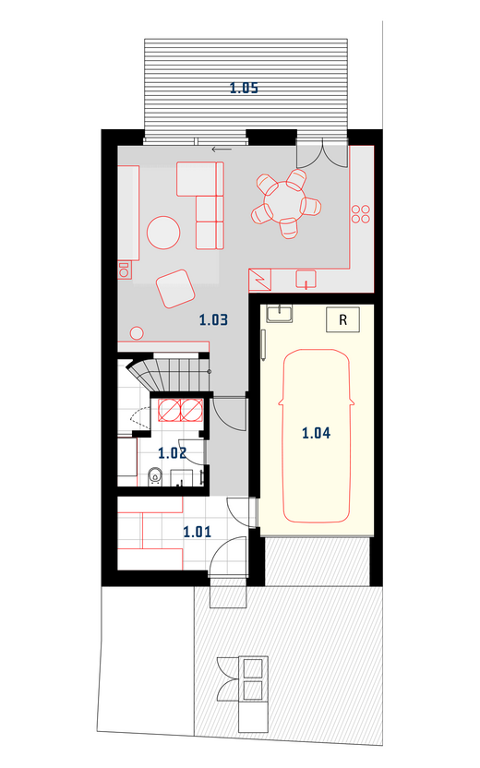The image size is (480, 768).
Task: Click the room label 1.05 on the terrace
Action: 244,88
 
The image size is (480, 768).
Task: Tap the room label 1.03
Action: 213,319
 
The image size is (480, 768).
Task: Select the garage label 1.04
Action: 316,433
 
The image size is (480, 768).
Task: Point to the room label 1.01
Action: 198,532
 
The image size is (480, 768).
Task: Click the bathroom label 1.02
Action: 172,452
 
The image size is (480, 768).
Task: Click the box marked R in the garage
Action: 342,319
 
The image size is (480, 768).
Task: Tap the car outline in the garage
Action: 317,436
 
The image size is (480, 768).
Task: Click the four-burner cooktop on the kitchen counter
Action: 361,213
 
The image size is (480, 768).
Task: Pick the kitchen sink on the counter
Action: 306,279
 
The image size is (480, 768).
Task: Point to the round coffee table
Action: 163,233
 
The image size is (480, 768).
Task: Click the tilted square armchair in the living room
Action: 175,289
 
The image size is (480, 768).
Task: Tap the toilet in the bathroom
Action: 155,476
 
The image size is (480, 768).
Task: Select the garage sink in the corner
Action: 280,314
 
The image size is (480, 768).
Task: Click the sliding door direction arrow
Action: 222,149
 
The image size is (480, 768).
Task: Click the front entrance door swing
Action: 228,556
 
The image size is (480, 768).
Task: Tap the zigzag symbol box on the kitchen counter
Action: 260,281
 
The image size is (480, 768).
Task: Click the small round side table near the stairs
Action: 137,333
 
